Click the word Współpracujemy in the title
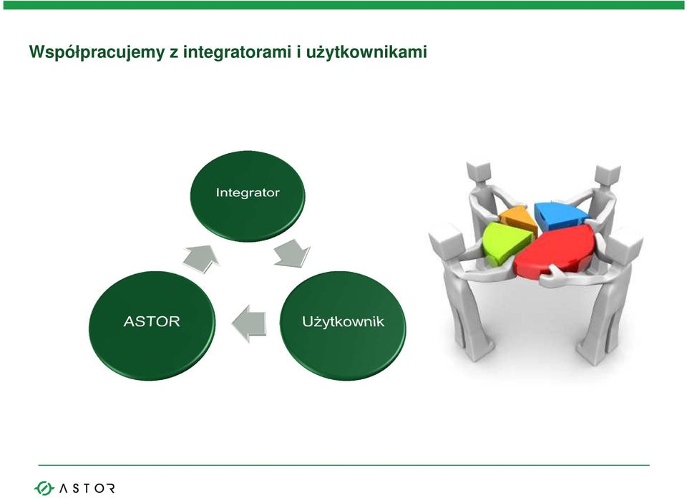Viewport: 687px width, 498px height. pos(96,52)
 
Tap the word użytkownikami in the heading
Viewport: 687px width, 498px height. pos(366,52)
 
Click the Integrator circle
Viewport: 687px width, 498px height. pos(248,196)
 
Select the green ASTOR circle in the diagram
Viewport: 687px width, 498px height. pos(152,326)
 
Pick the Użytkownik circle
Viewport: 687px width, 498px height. pos(343,326)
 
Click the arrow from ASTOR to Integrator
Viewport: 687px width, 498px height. pos(201,258)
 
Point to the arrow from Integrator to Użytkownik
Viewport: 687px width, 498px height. pos(292,253)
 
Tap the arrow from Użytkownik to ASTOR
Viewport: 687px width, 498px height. pos(249,323)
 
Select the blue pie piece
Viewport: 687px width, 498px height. pos(560,215)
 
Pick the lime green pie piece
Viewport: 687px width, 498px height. pos(505,243)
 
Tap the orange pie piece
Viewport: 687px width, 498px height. pos(520,218)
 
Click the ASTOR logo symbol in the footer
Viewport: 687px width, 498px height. pos(44,487)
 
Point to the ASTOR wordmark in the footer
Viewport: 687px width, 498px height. pos(87,488)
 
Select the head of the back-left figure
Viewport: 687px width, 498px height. pos(479,173)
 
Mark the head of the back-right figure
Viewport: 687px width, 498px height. pos(608,176)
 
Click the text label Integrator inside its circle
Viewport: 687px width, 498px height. pos(248,192)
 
